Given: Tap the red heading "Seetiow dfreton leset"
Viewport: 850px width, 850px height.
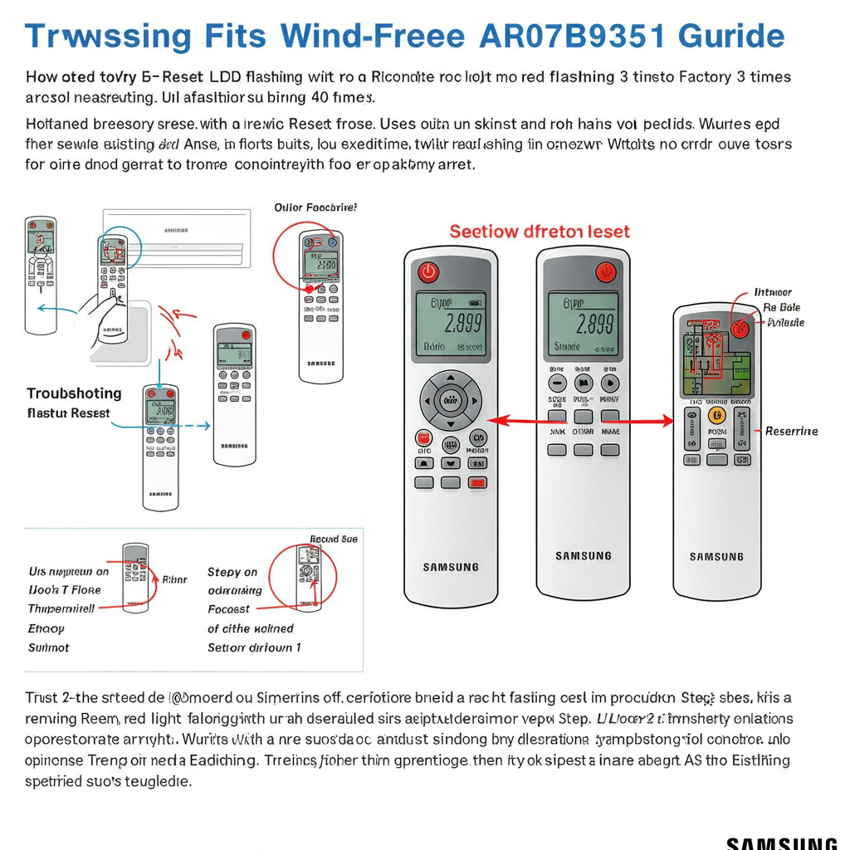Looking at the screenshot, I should click(x=540, y=232).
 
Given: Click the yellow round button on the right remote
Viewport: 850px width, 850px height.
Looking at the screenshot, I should click(x=717, y=415).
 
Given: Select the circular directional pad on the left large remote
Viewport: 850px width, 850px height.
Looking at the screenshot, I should click(x=450, y=401).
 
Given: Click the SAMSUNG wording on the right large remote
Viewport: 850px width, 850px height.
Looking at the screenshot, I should click(x=716, y=557).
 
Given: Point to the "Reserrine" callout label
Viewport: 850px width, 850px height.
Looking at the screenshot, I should click(x=791, y=431).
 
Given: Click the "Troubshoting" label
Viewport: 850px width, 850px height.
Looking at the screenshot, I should click(x=74, y=393).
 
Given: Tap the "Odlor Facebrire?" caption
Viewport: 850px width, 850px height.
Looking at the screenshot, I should click(x=315, y=208).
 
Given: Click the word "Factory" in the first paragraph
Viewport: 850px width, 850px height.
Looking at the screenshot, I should click(x=704, y=77).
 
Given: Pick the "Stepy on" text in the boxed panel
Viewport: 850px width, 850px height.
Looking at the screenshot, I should click(x=232, y=572).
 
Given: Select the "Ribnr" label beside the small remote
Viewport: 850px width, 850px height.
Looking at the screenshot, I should click(x=174, y=579).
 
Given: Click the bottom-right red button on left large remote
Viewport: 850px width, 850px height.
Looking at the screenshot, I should click(x=476, y=482).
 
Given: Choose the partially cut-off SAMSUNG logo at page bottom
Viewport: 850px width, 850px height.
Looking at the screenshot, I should click(x=781, y=843).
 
